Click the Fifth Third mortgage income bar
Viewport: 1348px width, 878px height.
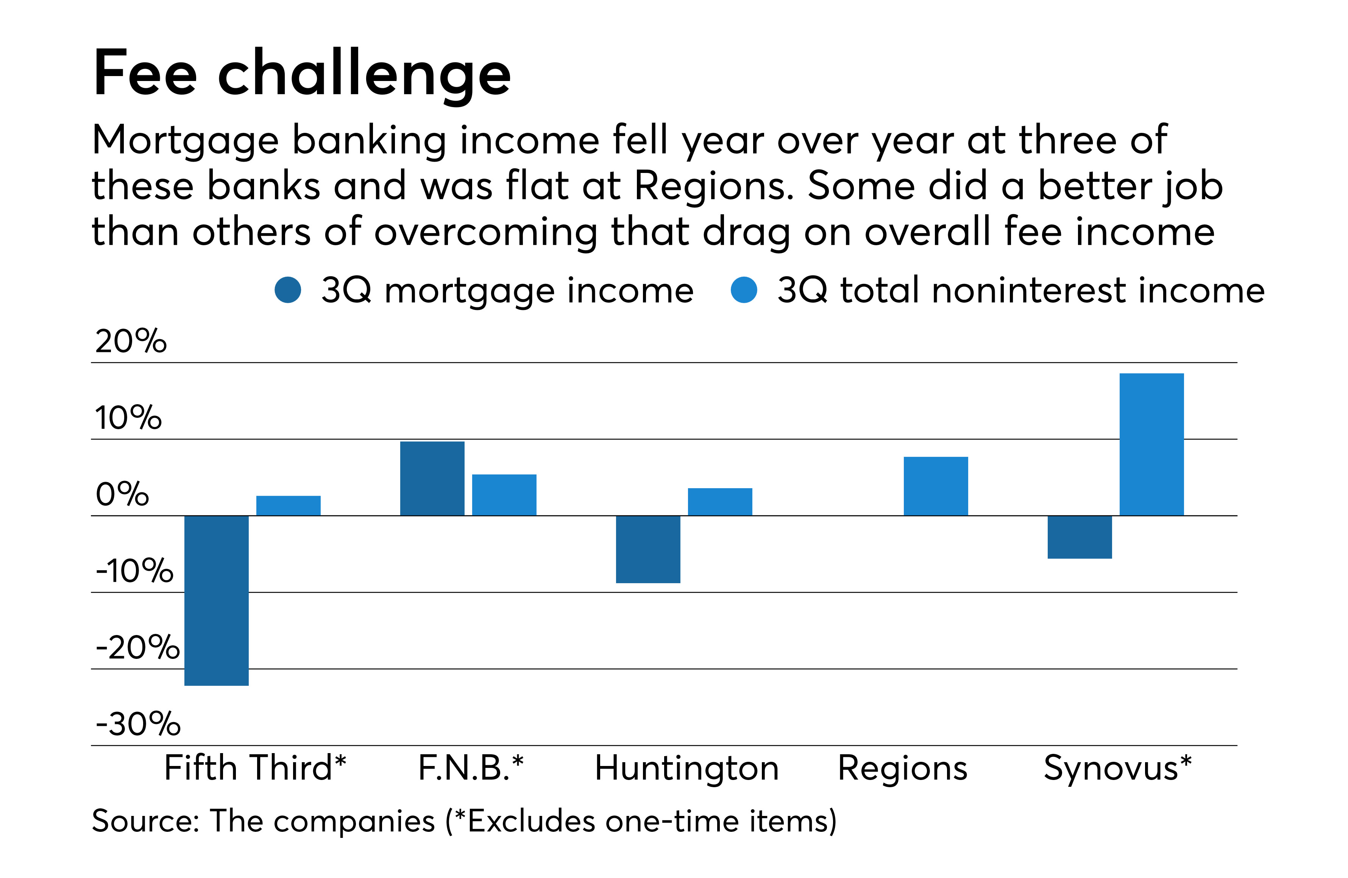pos(216,600)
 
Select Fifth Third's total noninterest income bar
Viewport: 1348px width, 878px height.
pos(288,506)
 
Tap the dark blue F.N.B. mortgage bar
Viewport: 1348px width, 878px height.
pos(432,478)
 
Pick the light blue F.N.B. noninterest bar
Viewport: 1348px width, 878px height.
pos(504,495)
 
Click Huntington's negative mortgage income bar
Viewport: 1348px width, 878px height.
pos(648,549)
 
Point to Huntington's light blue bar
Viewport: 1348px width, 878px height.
pos(720,501)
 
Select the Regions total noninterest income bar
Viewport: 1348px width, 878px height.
pos(936,486)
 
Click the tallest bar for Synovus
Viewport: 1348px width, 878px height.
pos(1151,444)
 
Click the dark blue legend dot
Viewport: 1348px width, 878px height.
pos(288,290)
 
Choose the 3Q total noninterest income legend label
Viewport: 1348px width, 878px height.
pos(1020,290)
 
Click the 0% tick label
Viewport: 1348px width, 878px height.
pos(122,494)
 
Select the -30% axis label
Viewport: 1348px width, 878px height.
pos(137,724)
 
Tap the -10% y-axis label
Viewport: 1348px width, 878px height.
pos(134,571)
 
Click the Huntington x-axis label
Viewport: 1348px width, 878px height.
pos(686,769)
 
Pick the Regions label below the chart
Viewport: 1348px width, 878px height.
pos(902,769)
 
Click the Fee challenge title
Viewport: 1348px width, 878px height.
pos(302,73)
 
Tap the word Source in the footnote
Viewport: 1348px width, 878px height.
pos(144,821)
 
